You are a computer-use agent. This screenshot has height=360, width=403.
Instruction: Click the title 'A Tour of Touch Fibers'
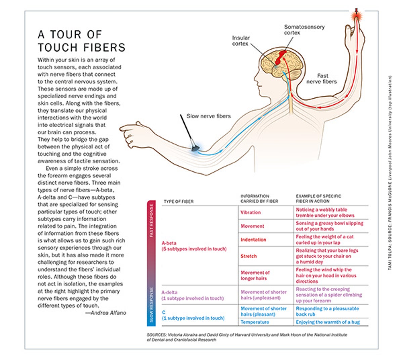[81, 41]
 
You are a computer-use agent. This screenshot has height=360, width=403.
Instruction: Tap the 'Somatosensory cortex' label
[304, 30]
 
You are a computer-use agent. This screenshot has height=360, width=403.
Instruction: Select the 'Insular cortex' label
[241, 41]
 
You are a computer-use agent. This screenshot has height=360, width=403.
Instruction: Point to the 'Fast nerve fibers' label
[321, 79]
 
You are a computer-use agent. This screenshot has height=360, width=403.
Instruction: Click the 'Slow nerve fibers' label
[209, 116]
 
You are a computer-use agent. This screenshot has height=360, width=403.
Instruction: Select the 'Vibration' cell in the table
[251, 213]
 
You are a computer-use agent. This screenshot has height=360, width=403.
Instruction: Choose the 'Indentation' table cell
[253, 240]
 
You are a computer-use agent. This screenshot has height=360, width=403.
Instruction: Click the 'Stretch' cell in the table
[249, 256]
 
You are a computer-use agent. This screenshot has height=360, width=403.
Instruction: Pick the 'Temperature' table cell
[255, 322]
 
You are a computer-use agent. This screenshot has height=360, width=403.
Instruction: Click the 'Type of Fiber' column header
[179, 201]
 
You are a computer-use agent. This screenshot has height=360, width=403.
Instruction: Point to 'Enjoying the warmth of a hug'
[328, 322]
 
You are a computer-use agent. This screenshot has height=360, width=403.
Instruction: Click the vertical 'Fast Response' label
[151, 221]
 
